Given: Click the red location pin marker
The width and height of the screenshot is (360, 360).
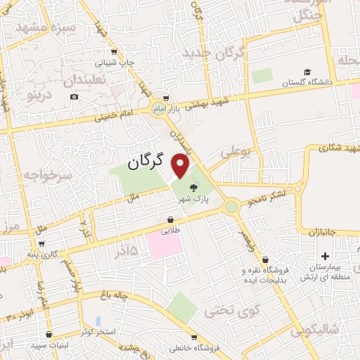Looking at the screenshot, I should coord(181,166).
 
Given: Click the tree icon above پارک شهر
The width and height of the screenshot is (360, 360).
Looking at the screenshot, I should coord(194,187).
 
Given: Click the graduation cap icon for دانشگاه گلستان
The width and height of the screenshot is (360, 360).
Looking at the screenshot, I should coord(307,72).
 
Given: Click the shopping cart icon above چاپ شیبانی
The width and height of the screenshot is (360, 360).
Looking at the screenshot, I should coord(115,52).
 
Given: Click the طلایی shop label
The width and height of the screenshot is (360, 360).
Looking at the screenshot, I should coord(171,229).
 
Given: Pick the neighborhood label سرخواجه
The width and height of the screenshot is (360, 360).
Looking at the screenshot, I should coord(47,176).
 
